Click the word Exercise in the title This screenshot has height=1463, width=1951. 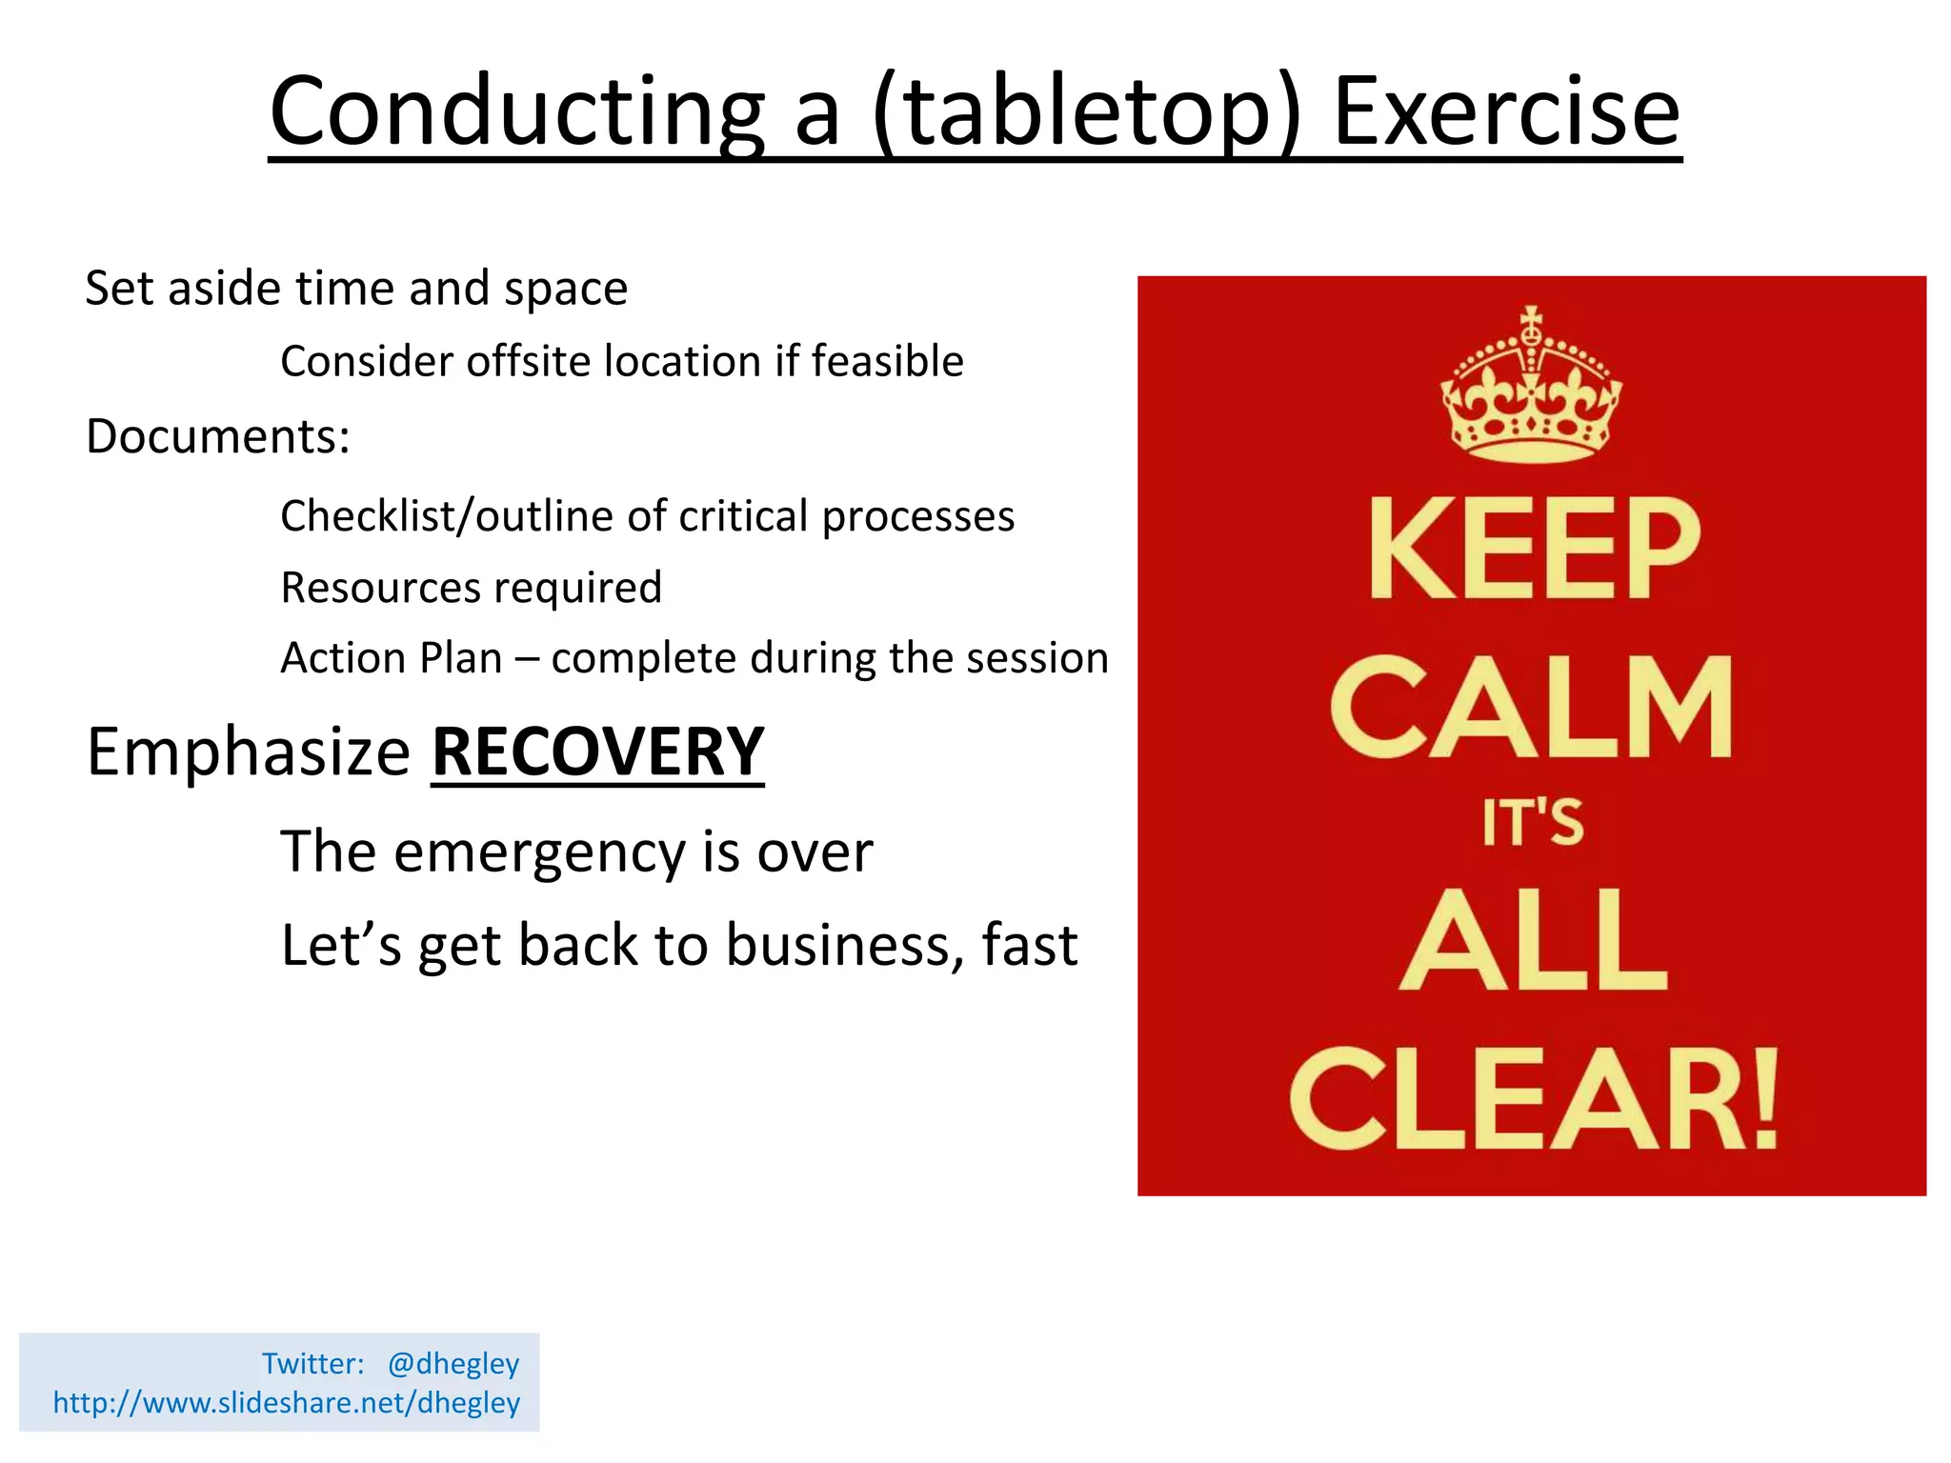tap(1506, 112)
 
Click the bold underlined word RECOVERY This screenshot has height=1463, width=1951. tap(597, 752)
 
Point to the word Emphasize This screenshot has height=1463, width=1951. tap(248, 752)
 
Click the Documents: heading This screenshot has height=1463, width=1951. tap(218, 436)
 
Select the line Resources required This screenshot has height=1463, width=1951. tap(471, 587)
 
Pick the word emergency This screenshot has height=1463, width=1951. tap(539, 852)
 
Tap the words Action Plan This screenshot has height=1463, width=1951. tap(391, 658)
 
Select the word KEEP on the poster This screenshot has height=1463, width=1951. tap(1534, 550)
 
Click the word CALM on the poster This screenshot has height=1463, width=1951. tap(1531, 707)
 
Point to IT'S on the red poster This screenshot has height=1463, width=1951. tap(1532, 823)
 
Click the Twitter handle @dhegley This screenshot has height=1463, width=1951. tap(453, 1363)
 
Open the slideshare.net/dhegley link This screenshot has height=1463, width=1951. tap(286, 1402)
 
